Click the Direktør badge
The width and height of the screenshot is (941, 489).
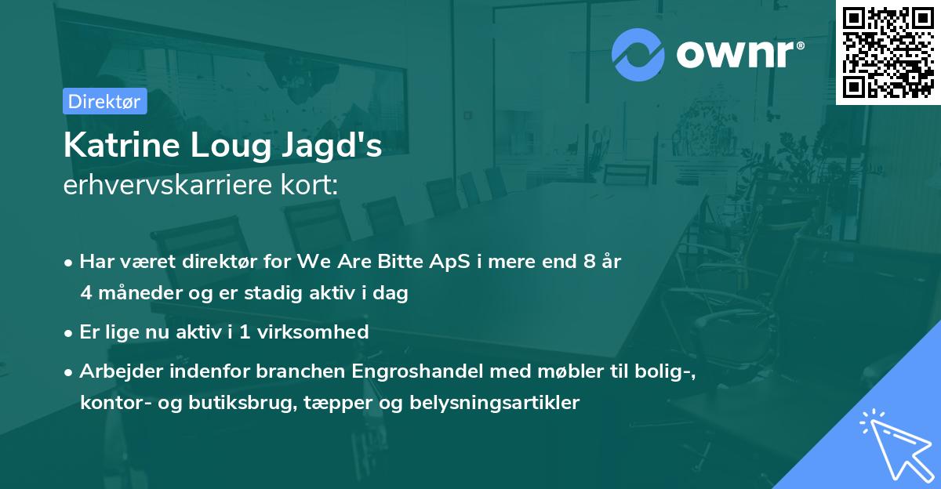click(104, 101)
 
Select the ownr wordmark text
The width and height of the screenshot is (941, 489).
click(736, 54)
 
